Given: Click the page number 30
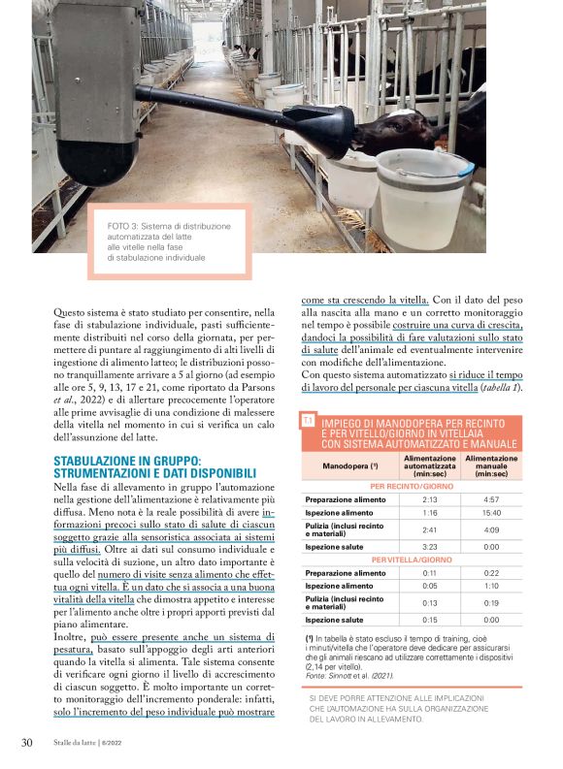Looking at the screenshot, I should tap(27, 743).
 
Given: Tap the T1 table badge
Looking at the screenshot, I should tap(308, 421).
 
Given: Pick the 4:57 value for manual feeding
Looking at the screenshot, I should tap(491, 499).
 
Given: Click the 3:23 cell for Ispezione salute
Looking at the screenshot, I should tap(431, 547).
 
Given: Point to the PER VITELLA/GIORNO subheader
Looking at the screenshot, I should tap(413, 560).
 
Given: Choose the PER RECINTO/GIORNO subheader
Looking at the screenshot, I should tap(413, 486).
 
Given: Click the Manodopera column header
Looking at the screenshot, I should tap(350, 465).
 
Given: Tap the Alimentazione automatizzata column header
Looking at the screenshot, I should tap(429, 465).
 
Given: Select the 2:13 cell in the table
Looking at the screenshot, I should tap(431, 499).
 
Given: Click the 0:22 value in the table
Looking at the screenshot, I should tap(491, 573).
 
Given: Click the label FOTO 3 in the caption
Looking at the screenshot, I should tap(125, 226).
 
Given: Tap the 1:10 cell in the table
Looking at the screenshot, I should tap(491, 586).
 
